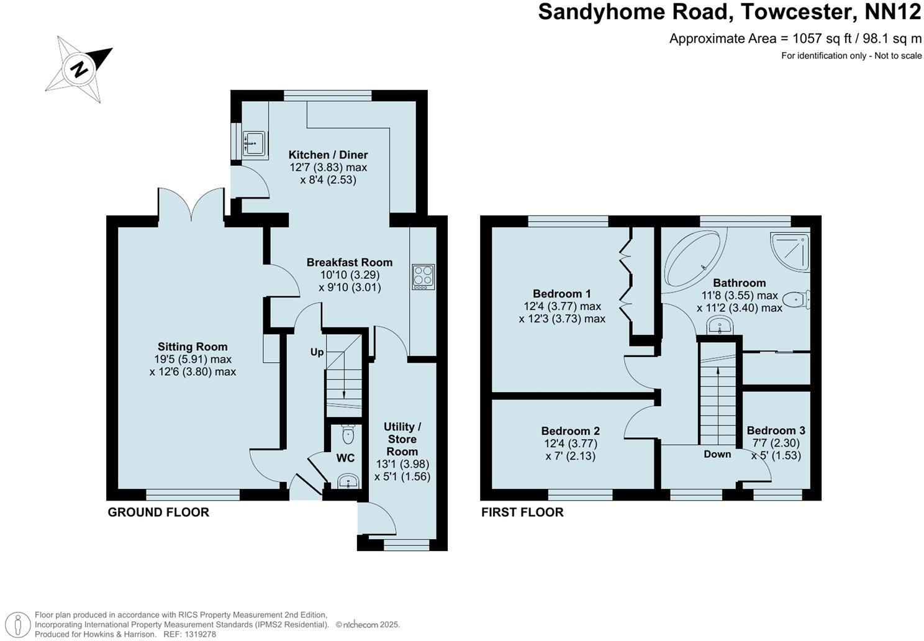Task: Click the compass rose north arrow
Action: [x=79, y=68]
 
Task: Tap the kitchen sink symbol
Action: [x=255, y=143]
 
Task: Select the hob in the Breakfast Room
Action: [x=423, y=276]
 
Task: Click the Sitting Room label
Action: [x=192, y=347]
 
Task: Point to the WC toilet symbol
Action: [x=348, y=434]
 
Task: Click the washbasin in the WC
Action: [x=348, y=481]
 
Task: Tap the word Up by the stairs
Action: [x=317, y=352]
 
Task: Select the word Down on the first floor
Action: [x=717, y=454]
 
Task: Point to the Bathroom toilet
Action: [x=796, y=301]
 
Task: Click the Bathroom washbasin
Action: [x=721, y=325]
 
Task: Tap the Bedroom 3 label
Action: [x=776, y=430]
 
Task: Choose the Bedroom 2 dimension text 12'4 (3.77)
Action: [x=570, y=443]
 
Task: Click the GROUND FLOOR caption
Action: [x=158, y=512]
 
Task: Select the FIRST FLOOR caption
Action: [x=522, y=512]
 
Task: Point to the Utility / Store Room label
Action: [x=402, y=439]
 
